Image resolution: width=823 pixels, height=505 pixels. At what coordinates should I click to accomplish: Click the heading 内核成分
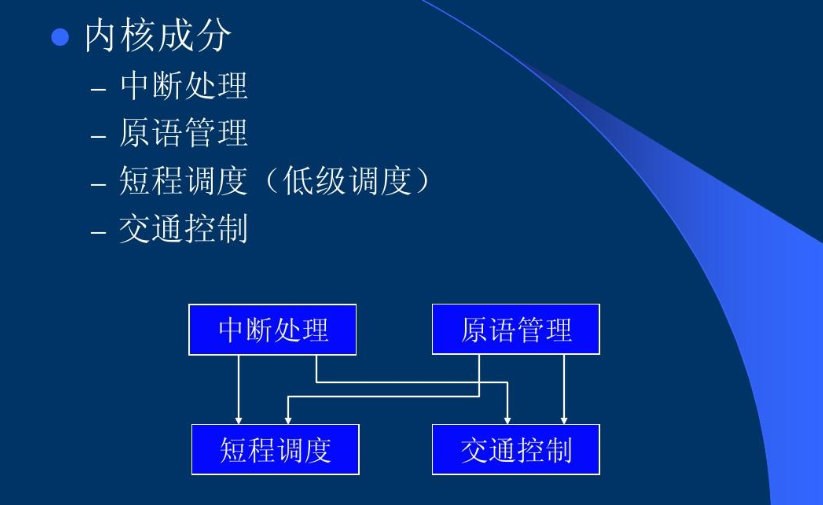158,36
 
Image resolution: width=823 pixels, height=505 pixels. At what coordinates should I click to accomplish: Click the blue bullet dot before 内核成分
60,37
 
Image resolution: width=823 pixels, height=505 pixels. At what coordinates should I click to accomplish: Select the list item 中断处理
184,86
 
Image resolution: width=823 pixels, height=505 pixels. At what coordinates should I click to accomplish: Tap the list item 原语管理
184,133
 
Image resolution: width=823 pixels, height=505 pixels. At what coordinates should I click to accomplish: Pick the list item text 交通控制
184,229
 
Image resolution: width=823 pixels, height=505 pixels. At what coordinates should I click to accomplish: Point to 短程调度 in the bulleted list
184,181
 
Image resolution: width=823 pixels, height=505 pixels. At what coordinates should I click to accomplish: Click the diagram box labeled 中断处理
272,329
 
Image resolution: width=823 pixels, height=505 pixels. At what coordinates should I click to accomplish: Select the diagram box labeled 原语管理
516,329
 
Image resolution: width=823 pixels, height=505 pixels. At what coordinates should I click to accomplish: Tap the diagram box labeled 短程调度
275,449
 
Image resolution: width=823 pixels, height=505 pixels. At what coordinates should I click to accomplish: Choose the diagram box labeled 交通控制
516,449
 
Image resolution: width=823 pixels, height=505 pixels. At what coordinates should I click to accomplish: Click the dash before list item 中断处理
98,89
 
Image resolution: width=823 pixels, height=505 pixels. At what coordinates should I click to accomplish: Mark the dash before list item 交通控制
98,232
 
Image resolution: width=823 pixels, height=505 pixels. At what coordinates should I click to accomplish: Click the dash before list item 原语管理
98,136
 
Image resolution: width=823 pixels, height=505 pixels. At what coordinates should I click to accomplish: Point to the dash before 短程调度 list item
98,184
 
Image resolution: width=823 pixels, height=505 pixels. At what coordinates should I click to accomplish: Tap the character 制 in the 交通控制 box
559,450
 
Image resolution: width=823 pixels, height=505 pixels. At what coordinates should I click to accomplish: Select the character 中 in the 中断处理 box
232,330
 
